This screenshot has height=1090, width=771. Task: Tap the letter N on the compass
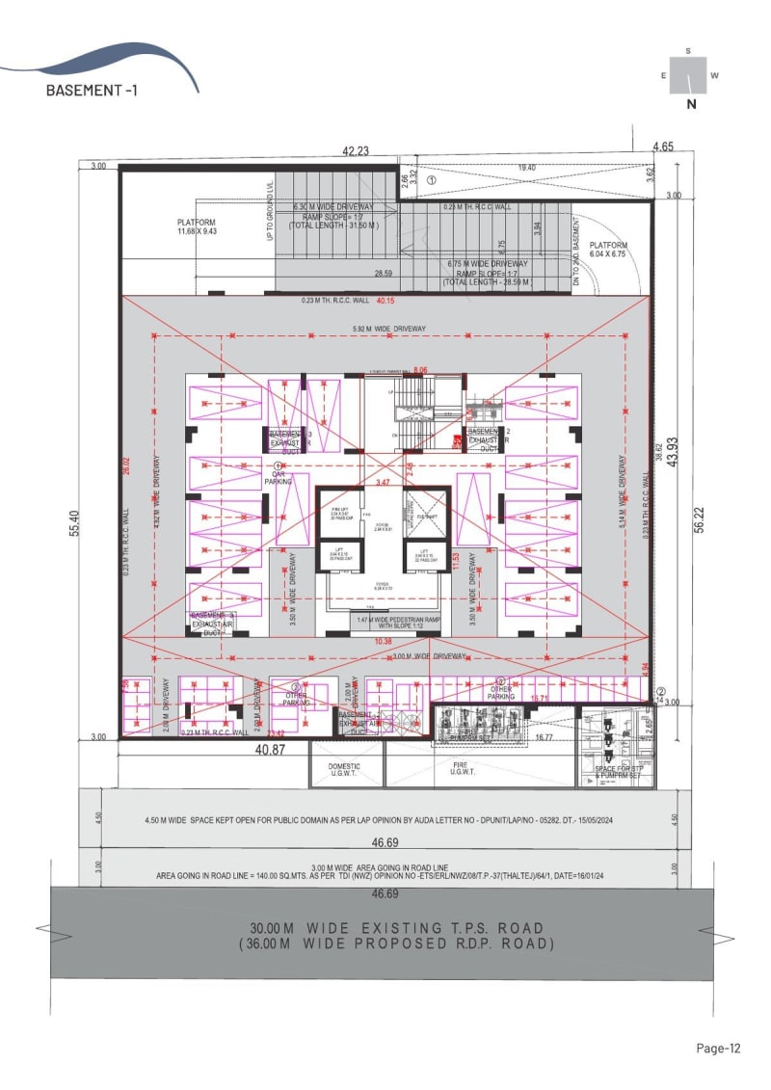(691, 105)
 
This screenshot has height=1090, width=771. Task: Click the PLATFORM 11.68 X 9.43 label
(198, 226)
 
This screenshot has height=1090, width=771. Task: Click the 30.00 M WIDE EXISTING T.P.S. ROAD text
(397, 928)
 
